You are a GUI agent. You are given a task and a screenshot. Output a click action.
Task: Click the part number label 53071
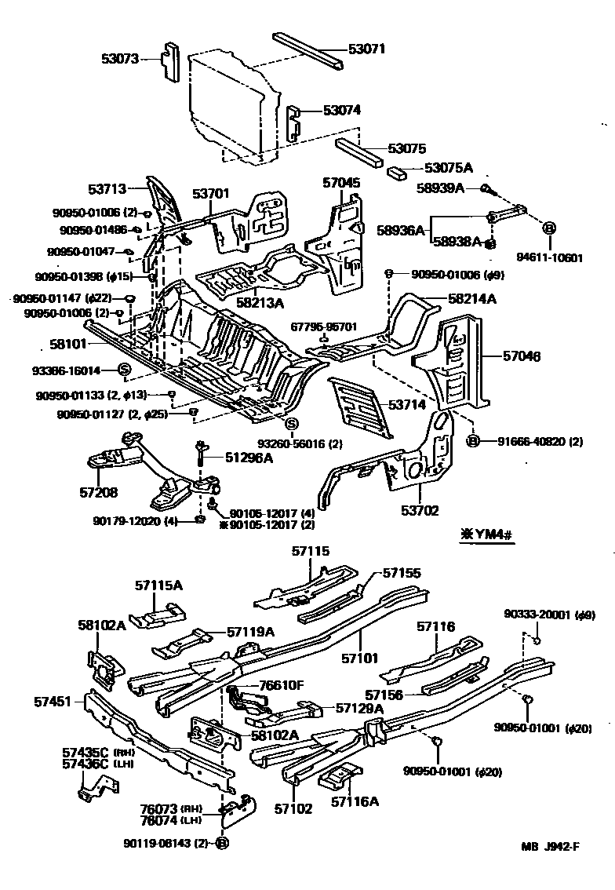[x=367, y=49]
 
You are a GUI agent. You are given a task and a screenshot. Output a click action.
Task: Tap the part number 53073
[x=120, y=58]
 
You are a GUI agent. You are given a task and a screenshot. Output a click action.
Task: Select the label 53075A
[x=449, y=167]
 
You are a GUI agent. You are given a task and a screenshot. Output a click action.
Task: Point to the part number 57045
[x=342, y=183]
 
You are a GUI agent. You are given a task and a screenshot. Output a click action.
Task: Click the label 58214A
[x=473, y=299]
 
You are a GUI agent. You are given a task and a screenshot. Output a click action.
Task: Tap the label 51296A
[x=249, y=458]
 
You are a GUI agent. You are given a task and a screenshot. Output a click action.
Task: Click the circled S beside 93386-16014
[x=123, y=370]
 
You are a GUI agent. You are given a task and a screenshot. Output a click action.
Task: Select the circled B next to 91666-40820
[x=473, y=441]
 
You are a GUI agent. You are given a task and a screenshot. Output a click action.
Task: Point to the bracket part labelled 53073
[x=169, y=60]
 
